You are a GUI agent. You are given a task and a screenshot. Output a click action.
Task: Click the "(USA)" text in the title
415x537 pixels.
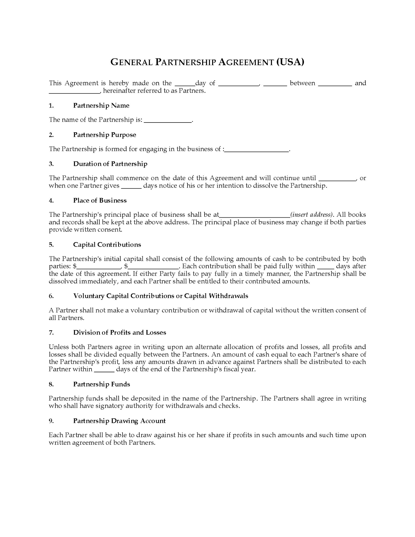pos(290,62)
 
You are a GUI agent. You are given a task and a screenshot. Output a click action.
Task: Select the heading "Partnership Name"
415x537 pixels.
pos(101,106)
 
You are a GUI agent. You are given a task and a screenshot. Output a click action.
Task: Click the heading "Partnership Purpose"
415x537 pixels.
pos(105,135)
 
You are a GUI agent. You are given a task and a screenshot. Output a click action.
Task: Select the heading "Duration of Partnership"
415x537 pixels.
pos(110,164)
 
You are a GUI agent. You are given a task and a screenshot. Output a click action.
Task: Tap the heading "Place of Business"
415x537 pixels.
pos(100,201)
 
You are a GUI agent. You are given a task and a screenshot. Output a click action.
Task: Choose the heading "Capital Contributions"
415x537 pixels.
pos(107,245)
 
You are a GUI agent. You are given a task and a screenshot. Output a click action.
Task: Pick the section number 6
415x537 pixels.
pos(51,296)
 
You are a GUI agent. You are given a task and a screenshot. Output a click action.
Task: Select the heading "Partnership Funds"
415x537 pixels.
pos(102,384)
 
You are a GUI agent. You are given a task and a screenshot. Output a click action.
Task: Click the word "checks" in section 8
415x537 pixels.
pos(230,406)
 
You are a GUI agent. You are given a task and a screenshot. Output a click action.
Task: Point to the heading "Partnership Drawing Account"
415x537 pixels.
pos(119,421)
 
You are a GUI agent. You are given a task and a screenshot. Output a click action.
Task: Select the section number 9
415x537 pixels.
pos(51,421)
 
